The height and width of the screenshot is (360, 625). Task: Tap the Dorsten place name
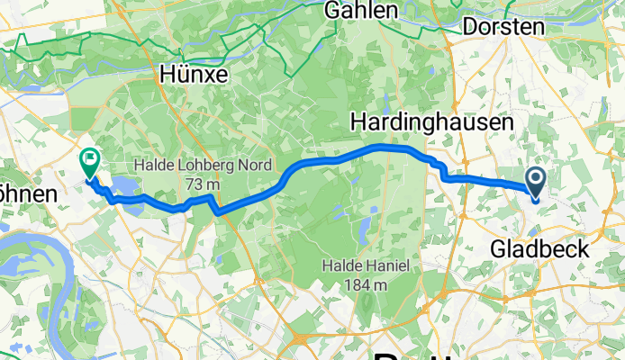tap(504, 27)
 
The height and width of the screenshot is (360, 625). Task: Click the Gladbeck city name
tap(540, 248)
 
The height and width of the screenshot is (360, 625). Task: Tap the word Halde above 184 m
tap(343, 266)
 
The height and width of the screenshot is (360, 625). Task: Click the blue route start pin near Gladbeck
tap(535, 182)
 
